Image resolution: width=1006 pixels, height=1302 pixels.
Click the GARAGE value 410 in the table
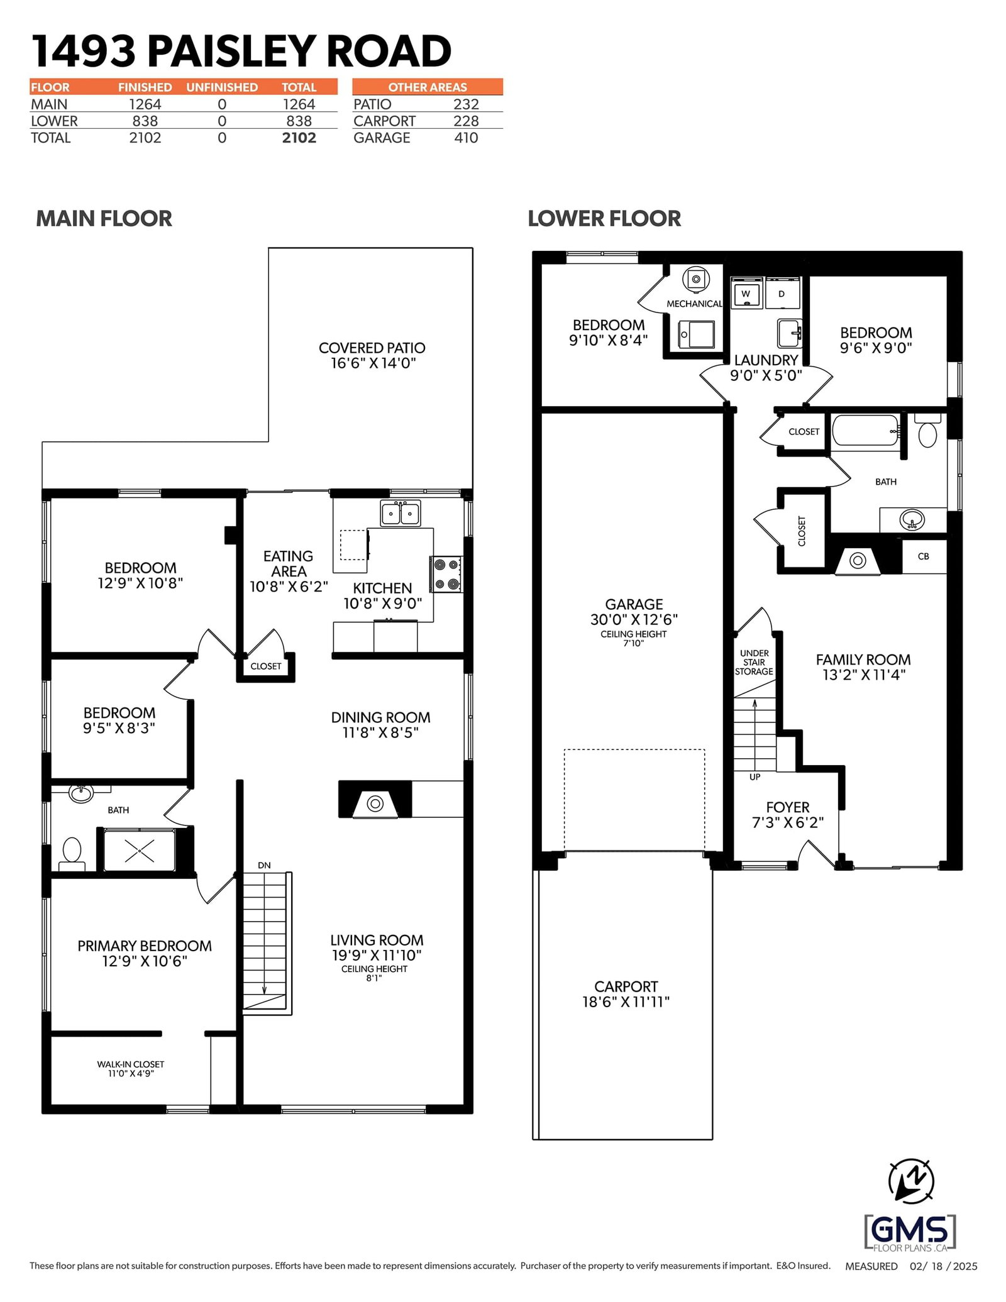(466, 138)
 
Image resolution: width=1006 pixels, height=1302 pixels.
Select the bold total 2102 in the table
(299, 138)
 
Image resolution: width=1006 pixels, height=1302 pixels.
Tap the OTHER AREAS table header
(428, 87)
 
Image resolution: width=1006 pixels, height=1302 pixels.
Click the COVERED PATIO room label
(372, 348)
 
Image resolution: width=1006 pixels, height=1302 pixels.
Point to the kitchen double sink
(401, 513)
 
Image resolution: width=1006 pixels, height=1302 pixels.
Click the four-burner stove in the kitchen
(446, 574)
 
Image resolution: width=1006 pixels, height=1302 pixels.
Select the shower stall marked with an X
(140, 850)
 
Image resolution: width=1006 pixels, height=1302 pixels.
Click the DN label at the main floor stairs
(264, 865)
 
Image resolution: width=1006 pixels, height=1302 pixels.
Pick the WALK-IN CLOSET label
(131, 1064)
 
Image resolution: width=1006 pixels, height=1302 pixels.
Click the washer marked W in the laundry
(746, 294)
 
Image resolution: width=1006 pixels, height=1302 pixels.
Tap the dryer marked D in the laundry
(782, 294)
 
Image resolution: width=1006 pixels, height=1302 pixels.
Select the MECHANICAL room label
(694, 304)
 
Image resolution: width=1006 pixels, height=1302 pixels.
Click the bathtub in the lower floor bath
(866, 430)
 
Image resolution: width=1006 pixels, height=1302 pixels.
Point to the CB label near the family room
(923, 556)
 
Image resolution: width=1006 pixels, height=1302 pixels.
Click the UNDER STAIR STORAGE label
(754, 662)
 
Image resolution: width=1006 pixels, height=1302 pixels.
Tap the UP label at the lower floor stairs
(754, 777)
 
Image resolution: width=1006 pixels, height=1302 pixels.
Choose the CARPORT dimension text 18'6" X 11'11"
(626, 1002)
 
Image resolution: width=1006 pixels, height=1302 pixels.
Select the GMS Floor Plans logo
(910, 1233)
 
